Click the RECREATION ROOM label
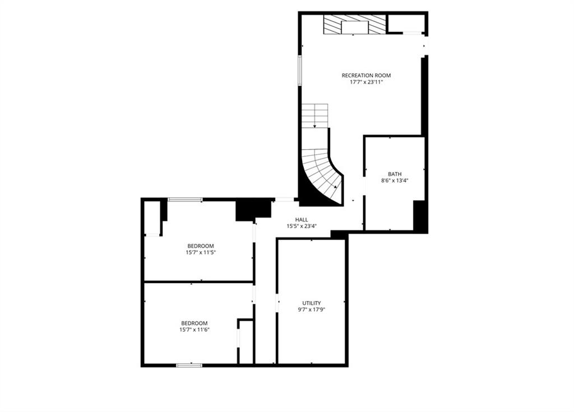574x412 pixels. coord(366,76)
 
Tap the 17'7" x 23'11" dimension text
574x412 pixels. coord(366,82)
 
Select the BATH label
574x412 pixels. coord(395,174)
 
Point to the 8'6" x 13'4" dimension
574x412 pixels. coord(395,180)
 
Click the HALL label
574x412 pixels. coord(302,220)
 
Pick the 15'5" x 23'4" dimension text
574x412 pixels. coord(302,226)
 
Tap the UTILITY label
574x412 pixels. coord(312,303)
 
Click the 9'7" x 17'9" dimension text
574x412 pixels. coord(312,309)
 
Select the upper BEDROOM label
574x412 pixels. coord(201,246)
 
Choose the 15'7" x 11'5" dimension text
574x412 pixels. coord(201,252)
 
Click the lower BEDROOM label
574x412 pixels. coord(195,323)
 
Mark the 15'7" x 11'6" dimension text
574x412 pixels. coord(195,330)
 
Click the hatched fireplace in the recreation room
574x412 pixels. coord(354,25)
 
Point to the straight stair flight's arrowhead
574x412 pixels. coord(314,126)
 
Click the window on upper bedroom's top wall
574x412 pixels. coord(185,200)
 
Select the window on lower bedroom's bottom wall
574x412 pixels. coord(189,365)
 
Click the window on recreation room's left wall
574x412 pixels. coord(300,70)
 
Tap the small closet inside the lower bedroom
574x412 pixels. coord(246,342)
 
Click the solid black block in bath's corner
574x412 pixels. coord(420,215)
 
